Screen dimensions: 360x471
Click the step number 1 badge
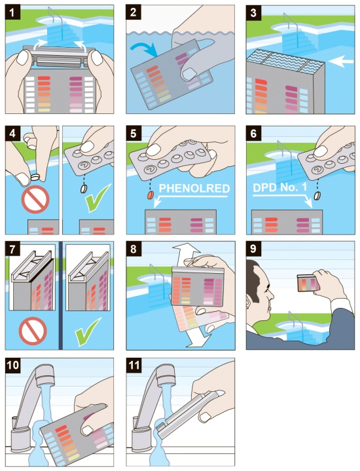pyautogui.click(x=12, y=12)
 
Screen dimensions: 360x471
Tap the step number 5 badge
pyautogui.click(x=134, y=134)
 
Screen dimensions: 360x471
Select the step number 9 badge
pyautogui.click(x=253, y=249)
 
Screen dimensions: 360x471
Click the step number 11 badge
pyautogui.click(x=134, y=366)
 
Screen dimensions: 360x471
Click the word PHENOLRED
pyautogui.click(x=194, y=189)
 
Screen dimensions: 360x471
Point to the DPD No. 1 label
pyautogui.click(x=280, y=187)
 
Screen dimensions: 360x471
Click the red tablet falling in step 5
pyautogui.click(x=150, y=195)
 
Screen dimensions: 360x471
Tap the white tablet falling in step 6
pyautogui.click(x=317, y=195)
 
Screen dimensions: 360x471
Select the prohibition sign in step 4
pyautogui.click(x=35, y=199)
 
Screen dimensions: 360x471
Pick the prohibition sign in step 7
pyautogui.click(x=33, y=331)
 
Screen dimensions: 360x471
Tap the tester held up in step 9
pyautogui.click(x=307, y=283)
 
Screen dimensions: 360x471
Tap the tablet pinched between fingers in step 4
pyautogui.click(x=35, y=177)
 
